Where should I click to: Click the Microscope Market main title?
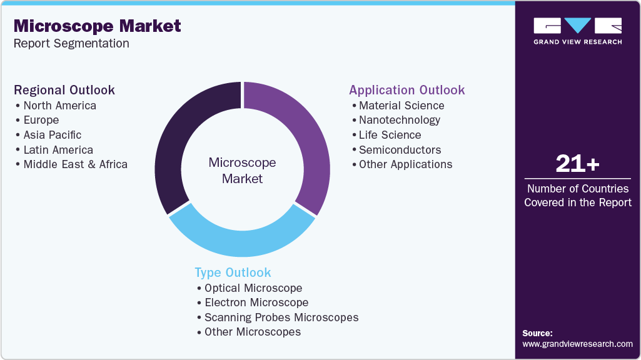(x=97, y=26)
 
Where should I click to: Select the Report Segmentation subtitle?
(x=71, y=44)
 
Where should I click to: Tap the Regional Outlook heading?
(x=64, y=90)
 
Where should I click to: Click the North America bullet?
(x=59, y=106)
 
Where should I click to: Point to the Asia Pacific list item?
(x=52, y=135)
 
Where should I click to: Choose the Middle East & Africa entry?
(x=75, y=164)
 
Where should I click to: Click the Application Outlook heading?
(x=407, y=90)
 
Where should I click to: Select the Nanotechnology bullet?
(x=399, y=120)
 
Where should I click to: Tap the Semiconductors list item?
(x=400, y=150)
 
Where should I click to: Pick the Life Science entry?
(x=390, y=135)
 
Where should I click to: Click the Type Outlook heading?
(x=233, y=272)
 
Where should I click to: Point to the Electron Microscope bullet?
(x=256, y=302)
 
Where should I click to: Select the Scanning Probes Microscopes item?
(x=281, y=317)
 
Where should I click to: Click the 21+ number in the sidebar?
(x=578, y=164)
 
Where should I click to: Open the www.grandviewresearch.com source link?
(x=577, y=344)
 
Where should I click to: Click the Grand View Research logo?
(x=577, y=31)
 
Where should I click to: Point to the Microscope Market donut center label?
(x=242, y=171)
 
